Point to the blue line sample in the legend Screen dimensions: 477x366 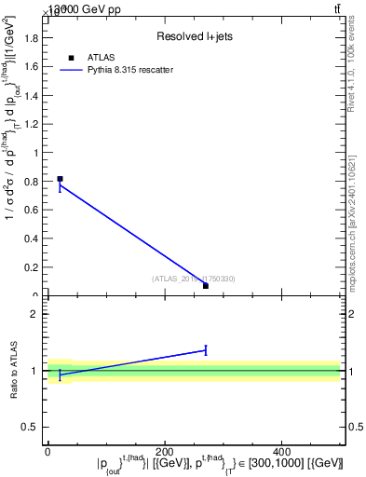72,70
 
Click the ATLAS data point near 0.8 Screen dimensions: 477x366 60,179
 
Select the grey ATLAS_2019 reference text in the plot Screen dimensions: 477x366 193,279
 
